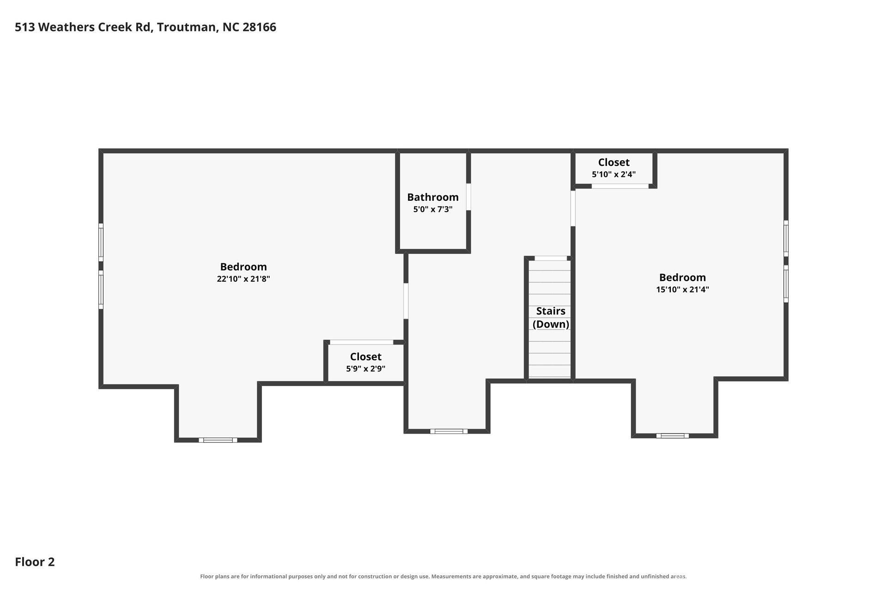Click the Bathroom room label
pos(433,197)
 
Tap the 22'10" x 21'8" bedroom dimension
pos(243,279)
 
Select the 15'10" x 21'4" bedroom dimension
pos(682,289)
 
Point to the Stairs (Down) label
pos(551,318)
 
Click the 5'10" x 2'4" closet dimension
pos(614,175)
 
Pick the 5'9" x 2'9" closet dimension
pos(365,369)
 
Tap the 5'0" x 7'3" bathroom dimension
pos(433,209)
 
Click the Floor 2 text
pos(35,562)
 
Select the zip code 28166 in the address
pos(259,27)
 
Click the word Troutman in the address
pos(187,27)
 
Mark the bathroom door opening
pos(468,197)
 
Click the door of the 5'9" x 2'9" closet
pos(361,342)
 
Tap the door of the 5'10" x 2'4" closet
pos(620,186)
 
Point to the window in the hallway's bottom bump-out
pos(449,431)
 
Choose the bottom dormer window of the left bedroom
pos(218,440)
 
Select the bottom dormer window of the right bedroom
pos(672,435)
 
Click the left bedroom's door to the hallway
pos(406,301)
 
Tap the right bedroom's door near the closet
pos(573,208)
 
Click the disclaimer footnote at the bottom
pos(443,576)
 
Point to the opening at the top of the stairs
pos(551,258)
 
